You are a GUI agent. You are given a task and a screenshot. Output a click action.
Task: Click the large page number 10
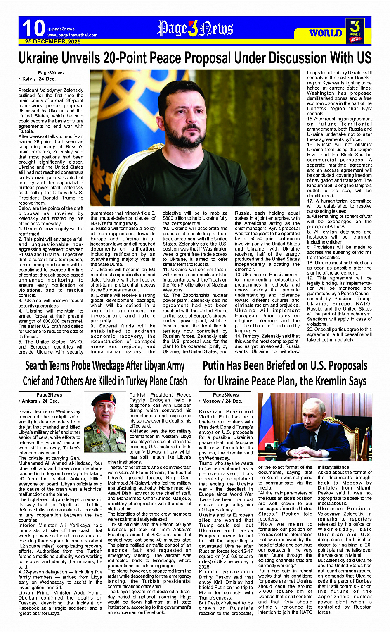pos(33,28)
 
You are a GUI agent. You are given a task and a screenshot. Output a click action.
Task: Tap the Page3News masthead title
pos(195,29)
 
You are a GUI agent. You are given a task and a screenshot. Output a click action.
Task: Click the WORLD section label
pos(326,33)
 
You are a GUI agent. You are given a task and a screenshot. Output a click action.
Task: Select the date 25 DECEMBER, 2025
pos(53,42)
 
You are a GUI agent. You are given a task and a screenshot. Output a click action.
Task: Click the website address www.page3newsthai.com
pos(73,35)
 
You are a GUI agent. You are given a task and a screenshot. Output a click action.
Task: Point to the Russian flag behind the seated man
pos(265,418)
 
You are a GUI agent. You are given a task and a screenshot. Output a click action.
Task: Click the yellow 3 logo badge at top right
pos(355,30)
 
